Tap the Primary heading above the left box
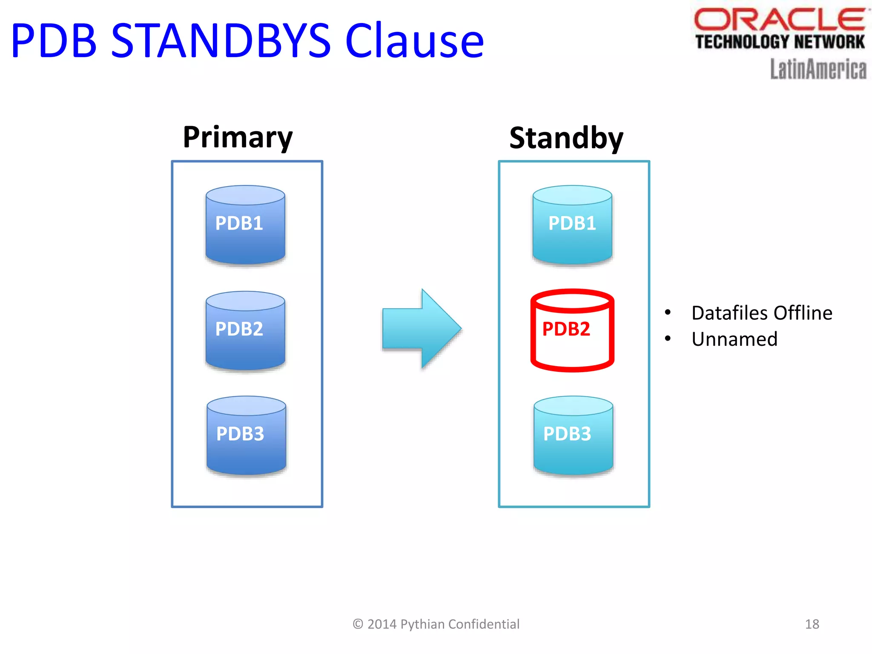coord(238,138)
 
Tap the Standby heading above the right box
coord(566,138)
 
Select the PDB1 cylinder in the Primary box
coord(245,225)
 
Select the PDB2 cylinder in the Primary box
coord(245,330)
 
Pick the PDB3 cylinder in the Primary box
coord(246,436)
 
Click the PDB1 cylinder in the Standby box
coord(572,225)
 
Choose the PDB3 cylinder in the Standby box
coord(573,436)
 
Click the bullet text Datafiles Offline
coord(761,313)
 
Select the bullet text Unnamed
coord(734,339)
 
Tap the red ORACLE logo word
coord(779,19)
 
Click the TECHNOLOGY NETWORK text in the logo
coord(780,42)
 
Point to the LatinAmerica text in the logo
coord(818,69)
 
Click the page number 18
coord(812,624)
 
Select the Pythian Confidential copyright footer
coord(436,624)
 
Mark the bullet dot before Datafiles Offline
coord(668,313)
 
